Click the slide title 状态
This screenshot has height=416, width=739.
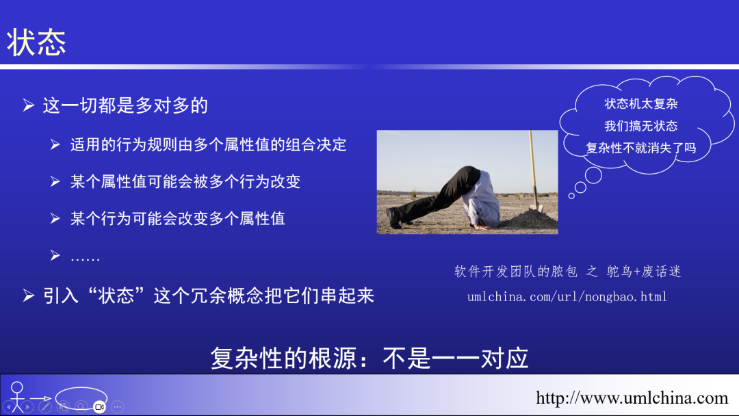(37, 43)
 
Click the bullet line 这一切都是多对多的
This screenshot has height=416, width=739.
(125, 105)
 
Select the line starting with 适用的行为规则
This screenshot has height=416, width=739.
(208, 145)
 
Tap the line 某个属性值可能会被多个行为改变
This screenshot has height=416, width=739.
(185, 182)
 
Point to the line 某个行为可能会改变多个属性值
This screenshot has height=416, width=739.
(177, 219)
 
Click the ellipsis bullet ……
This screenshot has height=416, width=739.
(85, 257)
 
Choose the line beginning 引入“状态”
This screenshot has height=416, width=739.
(209, 296)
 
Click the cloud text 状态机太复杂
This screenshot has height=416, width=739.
(641, 104)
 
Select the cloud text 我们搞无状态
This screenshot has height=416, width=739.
(641, 126)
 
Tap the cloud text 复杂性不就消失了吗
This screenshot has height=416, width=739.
(641, 148)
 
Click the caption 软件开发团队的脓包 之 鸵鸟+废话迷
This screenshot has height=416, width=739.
(568, 272)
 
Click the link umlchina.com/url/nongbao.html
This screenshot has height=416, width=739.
(567, 297)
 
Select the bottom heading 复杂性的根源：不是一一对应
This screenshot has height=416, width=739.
(369, 359)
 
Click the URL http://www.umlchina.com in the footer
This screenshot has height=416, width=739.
(632, 398)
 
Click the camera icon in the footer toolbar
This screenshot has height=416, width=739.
(99, 406)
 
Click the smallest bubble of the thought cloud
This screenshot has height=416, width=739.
(572, 196)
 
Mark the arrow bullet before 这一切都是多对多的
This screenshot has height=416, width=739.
(28, 105)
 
